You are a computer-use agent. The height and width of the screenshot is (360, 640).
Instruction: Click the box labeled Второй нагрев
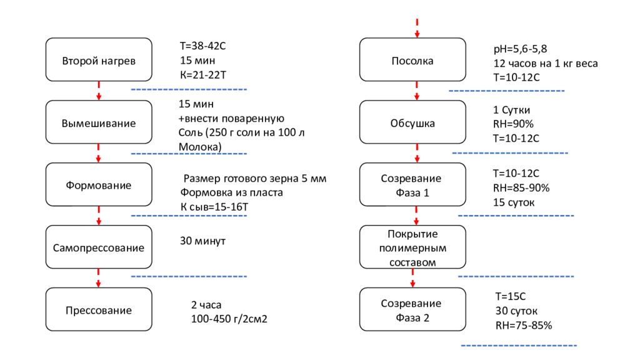click(99, 60)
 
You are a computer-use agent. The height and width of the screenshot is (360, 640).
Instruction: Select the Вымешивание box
click(99, 122)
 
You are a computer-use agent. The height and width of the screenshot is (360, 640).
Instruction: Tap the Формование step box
click(99, 185)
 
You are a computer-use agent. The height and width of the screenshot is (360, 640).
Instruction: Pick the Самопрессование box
click(99, 247)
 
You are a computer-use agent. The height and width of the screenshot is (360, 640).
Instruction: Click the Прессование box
click(99, 310)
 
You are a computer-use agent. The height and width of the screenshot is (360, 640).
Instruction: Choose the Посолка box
click(412, 60)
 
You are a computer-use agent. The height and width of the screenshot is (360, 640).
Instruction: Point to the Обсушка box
click(412, 122)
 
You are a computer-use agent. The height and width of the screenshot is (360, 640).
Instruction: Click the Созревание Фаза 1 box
click(412, 185)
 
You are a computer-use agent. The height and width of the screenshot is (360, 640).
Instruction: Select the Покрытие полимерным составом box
click(412, 247)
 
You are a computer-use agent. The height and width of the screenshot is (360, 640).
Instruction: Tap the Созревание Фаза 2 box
click(412, 310)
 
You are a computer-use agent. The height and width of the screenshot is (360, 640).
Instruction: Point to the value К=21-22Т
click(202, 75)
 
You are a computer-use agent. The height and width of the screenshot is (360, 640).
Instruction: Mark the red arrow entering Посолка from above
click(417, 27)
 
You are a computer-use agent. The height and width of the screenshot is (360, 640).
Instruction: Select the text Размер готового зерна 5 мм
click(254, 179)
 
